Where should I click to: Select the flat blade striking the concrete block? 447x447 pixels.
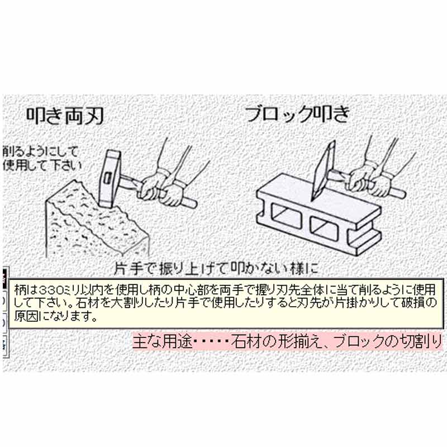[x=325, y=167]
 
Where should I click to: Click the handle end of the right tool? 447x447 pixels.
[x=400, y=192]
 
